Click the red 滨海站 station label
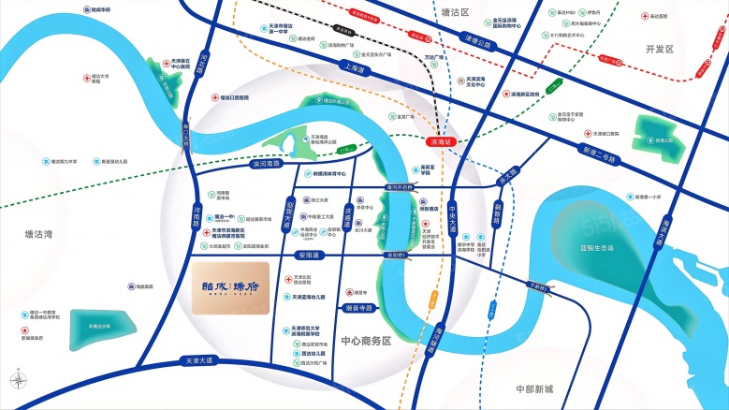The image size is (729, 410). [438, 143]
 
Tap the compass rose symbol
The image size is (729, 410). [17, 380]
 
